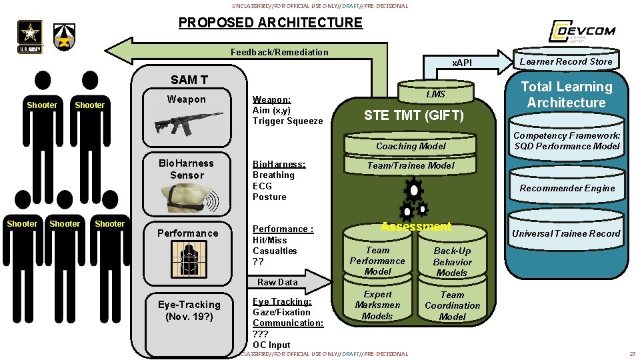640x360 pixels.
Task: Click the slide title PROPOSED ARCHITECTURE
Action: [270, 23]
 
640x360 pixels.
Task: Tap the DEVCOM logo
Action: [581, 31]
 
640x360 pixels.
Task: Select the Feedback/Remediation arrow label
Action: [279, 52]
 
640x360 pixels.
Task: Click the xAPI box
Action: [462, 63]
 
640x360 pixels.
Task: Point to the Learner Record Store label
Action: [566, 61]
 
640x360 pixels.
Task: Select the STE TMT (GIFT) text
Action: [413, 116]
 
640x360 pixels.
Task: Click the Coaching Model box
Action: [411, 146]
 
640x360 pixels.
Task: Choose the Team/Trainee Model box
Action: [411, 165]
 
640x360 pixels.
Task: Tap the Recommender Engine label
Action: [567, 188]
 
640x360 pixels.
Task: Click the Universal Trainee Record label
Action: [565, 233]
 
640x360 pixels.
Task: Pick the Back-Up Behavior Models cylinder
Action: [452, 261]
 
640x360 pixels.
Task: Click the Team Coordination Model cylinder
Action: [452, 305]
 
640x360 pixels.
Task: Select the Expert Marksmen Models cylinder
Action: [377, 305]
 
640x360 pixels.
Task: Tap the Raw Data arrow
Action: [280, 282]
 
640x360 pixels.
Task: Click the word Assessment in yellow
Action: [416, 227]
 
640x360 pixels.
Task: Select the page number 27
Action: [632, 353]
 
